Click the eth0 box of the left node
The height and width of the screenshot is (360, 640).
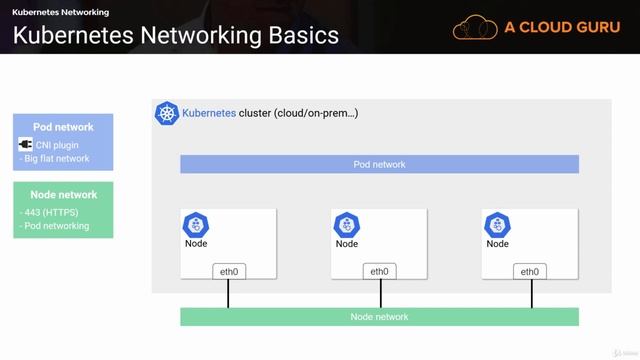point(228,271)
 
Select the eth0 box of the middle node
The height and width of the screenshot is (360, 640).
point(379,271)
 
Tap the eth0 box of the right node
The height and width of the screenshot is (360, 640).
point(530,271)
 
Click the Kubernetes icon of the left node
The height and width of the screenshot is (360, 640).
point(196,224)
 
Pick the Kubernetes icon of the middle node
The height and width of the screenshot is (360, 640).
point(347,224)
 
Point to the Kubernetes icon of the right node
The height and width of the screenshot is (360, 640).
point(497,224)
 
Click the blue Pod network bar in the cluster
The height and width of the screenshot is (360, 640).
point(379,164)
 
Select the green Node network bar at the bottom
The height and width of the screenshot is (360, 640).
point(379,317)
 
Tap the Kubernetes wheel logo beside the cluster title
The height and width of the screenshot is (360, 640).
point(166,113)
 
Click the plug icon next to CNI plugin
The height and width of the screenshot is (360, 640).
point(26,145)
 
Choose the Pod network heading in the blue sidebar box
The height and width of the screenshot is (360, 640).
point(63,127)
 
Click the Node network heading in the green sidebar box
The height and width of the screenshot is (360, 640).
point(63,195)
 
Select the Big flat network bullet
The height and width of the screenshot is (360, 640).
point(55,159)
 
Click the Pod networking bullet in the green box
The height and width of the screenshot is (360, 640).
point(55,226)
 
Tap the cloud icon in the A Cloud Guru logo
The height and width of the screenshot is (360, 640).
point(476,27)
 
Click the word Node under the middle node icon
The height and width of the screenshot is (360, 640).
point(347,244)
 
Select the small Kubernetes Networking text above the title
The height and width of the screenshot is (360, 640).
point(60,12)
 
